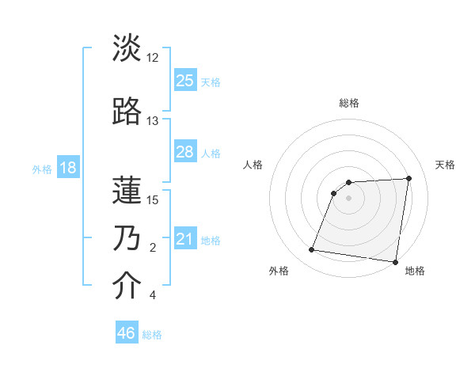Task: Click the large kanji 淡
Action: [127, 48]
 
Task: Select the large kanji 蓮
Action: [127, 189]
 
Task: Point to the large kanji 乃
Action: [127, 237]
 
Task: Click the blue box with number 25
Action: [185, 80]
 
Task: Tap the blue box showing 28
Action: [185, 151]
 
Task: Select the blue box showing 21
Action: [185, 239]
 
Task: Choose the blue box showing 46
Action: [127, 333]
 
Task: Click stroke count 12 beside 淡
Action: [153, 58]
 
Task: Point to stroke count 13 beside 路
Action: [153, 121]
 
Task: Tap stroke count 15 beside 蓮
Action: [153, 199]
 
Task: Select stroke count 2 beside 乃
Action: [153, 248]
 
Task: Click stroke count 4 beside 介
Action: [153, 295]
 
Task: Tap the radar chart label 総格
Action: [348, 103]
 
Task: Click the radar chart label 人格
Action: [253, 165]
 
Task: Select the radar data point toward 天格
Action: [408, 178]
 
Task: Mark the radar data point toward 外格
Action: [312, 250]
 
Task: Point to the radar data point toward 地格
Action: [396, 262]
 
